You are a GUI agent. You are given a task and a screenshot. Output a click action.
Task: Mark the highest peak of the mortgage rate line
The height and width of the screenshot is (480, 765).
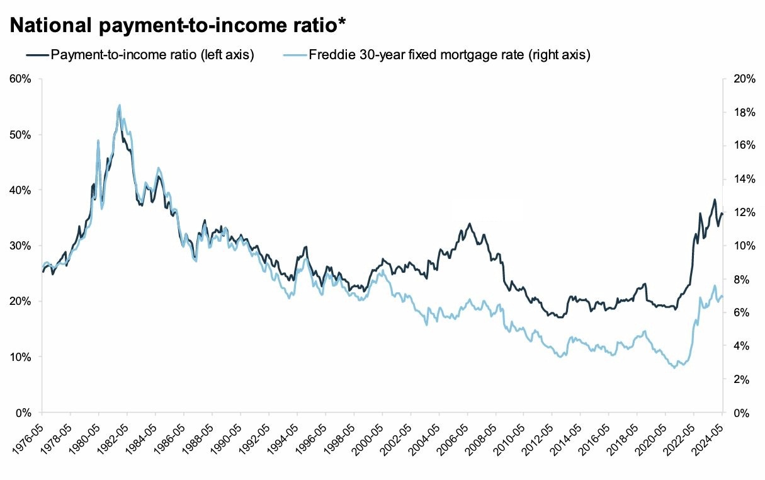pyautogui.click(x=120, y=105)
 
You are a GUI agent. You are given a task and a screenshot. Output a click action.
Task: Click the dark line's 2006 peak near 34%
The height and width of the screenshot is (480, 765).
pyautogui.click(x=469, y=223)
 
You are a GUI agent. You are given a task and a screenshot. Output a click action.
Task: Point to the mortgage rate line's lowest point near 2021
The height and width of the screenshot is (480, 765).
pyautogui.click(x=674, y=367)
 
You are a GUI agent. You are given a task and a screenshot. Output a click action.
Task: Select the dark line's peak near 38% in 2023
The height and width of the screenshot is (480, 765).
pyautogui.click(x=715, y=200)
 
